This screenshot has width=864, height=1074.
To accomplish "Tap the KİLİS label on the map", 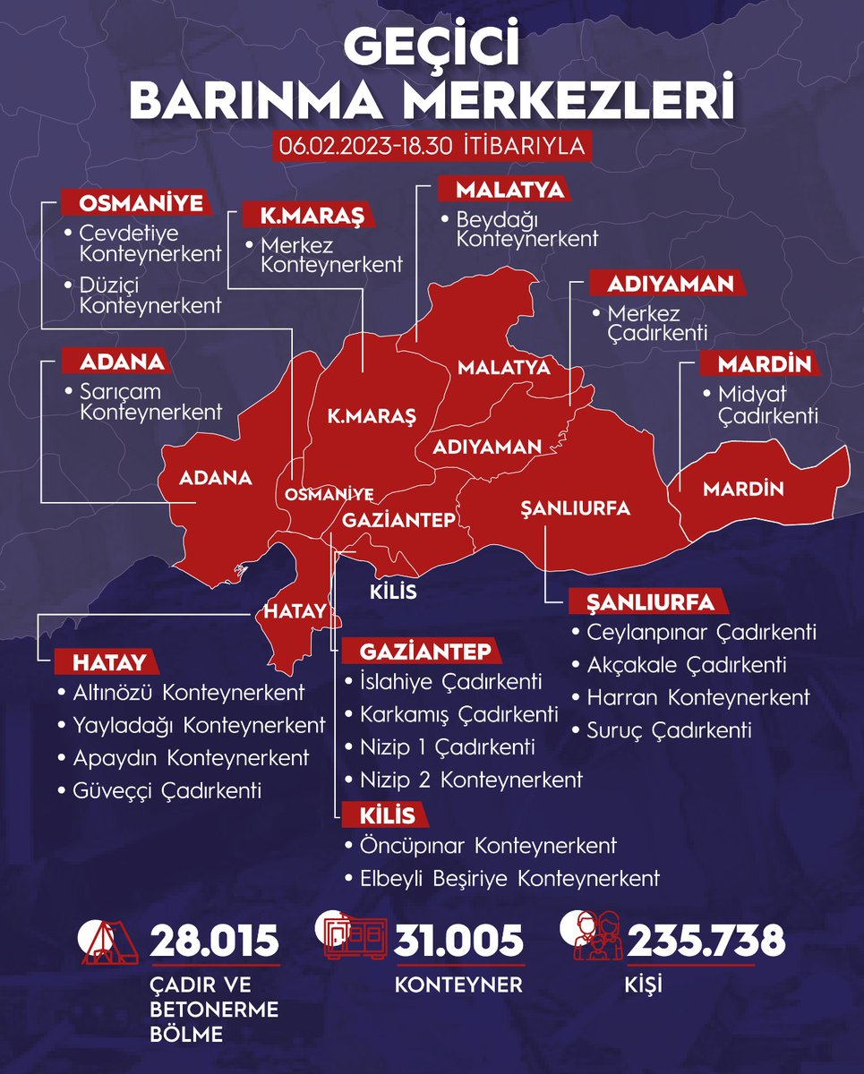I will pyautogui.click(x=393, y=592).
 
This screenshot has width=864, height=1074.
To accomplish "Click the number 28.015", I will pyautogui.click(x=215, y=942).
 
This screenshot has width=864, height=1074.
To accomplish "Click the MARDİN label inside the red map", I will pyautogui.click(x=743, y=490).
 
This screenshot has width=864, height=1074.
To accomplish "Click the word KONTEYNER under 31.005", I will pyautogui.click(x=458, y=985).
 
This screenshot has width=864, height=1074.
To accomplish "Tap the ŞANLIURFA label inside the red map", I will pyautogui.click(x=576, y=508).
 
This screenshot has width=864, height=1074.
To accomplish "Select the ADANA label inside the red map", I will pyautogui.click(x=216, y=478).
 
